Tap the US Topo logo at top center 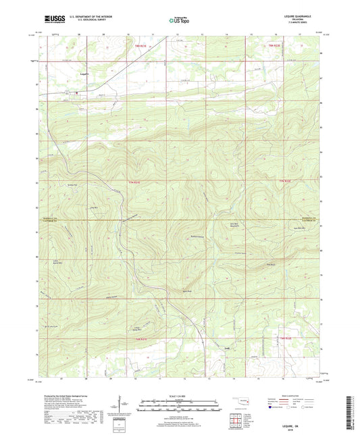coord(179,20)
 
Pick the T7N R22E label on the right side coord(285,181)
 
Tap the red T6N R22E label coord(285,338)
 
